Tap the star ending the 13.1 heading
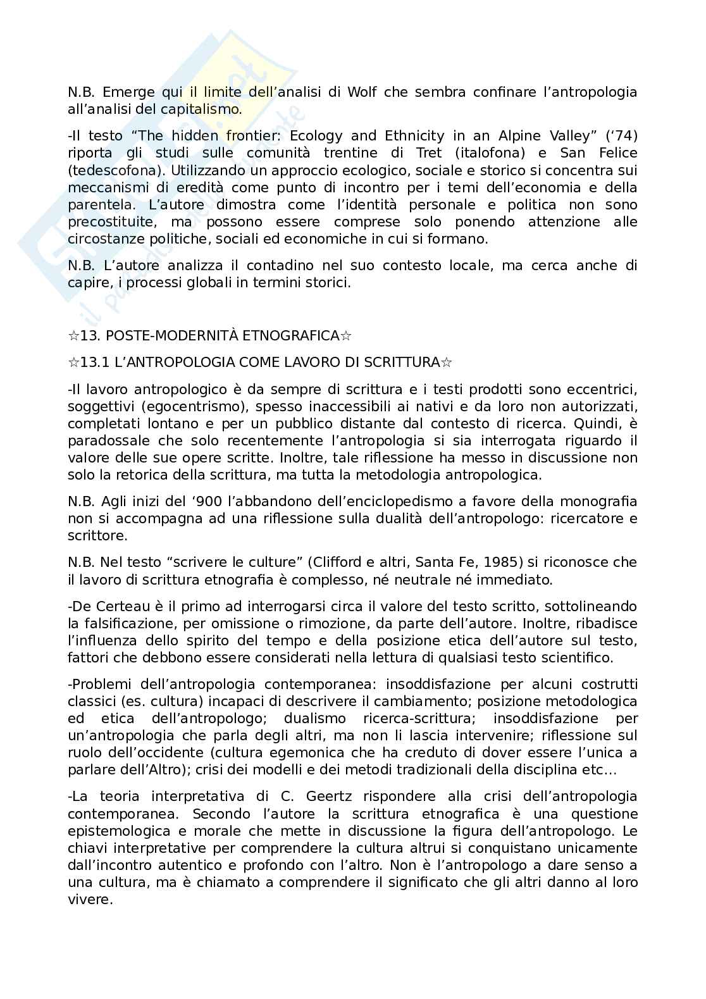(x=447, y=363)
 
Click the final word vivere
(x=89, y=899)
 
